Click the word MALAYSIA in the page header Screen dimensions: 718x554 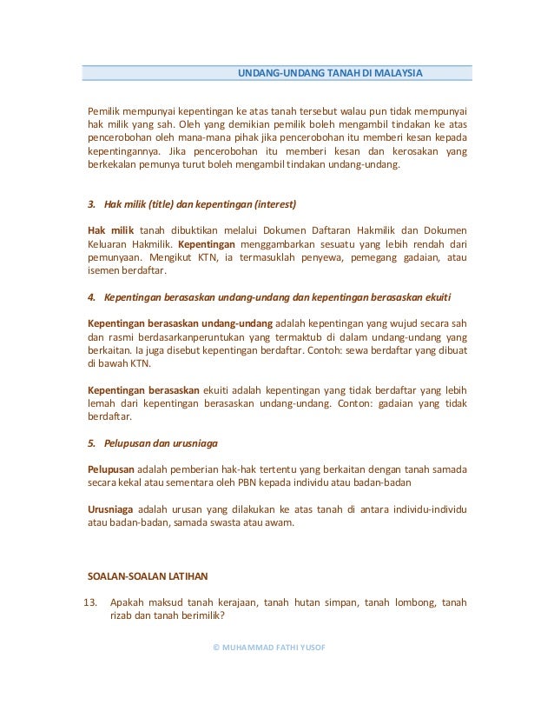click(399, 72)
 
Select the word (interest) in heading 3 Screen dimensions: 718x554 click(274, 205)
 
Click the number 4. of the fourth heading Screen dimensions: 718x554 click(93, 297)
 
